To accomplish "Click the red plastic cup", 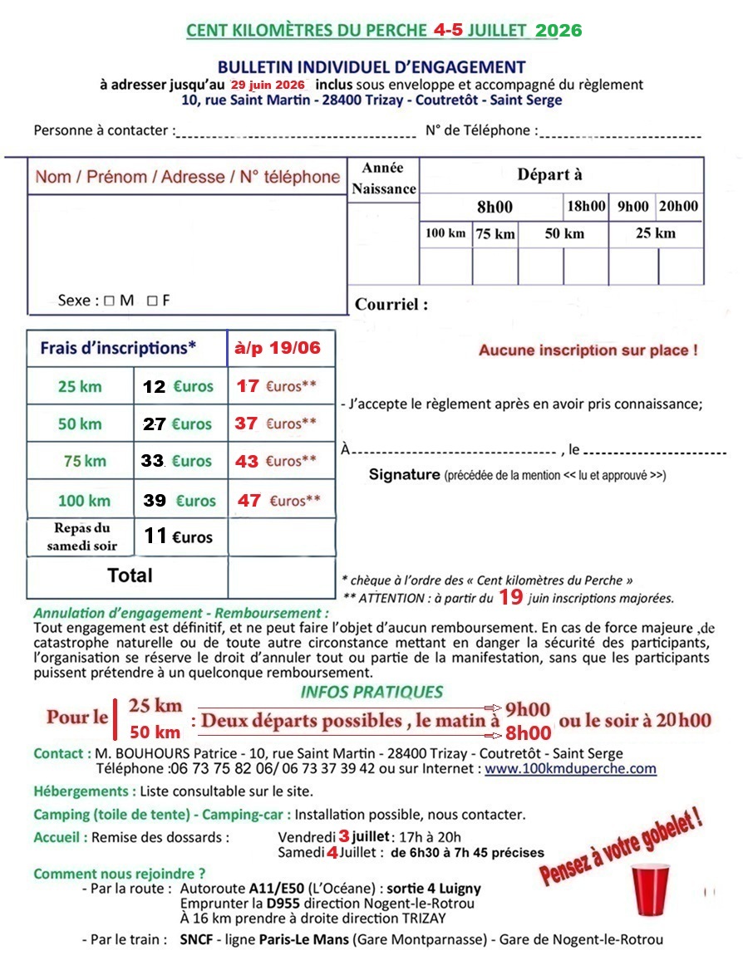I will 650,887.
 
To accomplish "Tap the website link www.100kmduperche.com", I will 570,769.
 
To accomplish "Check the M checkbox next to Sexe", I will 109,301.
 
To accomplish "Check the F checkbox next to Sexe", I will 151,301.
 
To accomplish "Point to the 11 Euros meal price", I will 178,536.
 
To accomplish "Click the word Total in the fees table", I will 130,575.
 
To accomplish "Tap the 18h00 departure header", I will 586,206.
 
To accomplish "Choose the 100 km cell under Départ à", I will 445,233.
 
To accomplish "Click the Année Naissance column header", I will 383,179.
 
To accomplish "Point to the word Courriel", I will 391,304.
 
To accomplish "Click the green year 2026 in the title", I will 558,31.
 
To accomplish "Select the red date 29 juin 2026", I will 268,85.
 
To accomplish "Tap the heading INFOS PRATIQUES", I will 371,692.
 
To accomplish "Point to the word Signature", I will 404,475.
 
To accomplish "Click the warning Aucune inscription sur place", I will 588,350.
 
